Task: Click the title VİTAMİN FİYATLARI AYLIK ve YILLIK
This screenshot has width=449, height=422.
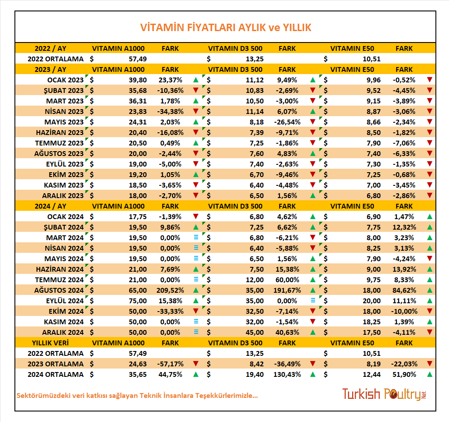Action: coord(226,28)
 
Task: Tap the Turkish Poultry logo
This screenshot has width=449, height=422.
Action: coord(384,394)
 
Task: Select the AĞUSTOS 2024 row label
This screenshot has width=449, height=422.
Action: coord(59,290)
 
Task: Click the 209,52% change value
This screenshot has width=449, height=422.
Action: coord(170,290)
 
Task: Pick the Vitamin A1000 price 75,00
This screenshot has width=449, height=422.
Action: coord(138,301)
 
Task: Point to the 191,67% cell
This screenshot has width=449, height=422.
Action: coord(287,290)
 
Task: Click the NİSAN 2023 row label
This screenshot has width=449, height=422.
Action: coord(64,111)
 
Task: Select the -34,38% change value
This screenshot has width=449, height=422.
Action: coord(170,111)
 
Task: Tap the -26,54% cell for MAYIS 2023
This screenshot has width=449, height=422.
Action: coord(287,122)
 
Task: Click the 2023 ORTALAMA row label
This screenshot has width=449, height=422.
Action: coord(56,364)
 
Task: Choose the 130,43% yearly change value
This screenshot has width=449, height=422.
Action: coord(287,374)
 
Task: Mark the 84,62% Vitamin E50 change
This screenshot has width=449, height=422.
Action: coord(404,290)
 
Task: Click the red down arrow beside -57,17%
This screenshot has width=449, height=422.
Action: coord(196,364)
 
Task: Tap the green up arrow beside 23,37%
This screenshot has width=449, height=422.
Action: coord(196,80)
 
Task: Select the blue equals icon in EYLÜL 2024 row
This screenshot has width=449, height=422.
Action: coord(313,300)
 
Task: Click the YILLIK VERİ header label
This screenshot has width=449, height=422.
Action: coord(50,343)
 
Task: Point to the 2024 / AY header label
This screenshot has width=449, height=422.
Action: coord(50,206)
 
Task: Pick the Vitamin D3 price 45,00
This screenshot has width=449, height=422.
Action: coord(255,332)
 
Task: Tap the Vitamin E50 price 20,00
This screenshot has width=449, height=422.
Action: coord(372,301)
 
